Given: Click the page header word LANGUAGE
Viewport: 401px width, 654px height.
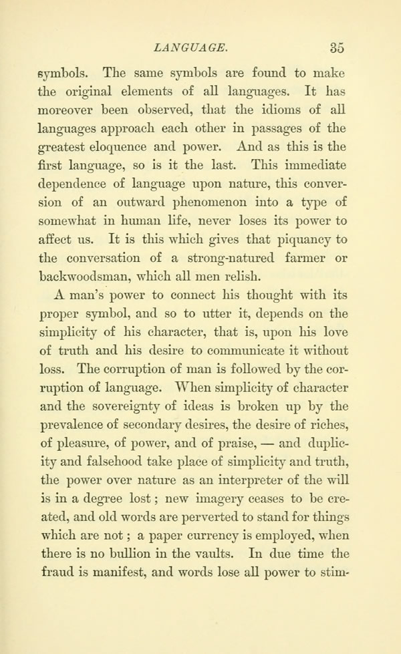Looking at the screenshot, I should point(192,48).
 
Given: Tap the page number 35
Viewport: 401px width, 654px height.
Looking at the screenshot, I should point(337,48).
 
